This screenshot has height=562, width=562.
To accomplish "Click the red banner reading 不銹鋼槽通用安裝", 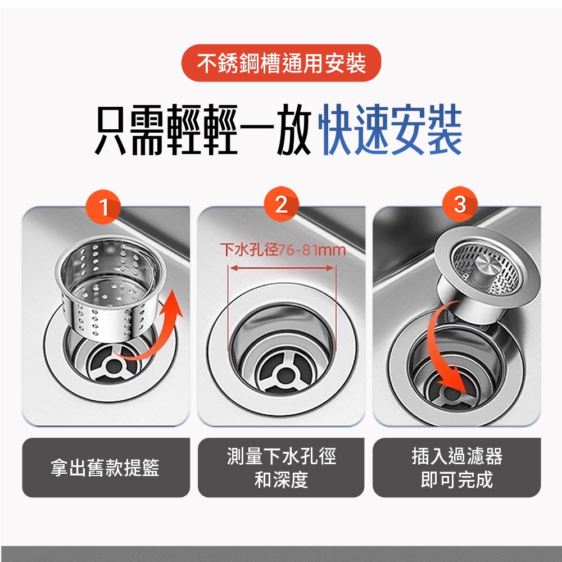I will click(x=281, y=63).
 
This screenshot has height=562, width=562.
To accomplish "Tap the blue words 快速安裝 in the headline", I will click(x=390, y=133).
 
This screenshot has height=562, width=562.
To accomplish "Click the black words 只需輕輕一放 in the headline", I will click(x=202, y=133).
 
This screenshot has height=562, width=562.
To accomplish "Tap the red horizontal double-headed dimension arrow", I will click(x=280, y=269).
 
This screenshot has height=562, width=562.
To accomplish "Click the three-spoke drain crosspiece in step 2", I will click(x=281, y=373).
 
